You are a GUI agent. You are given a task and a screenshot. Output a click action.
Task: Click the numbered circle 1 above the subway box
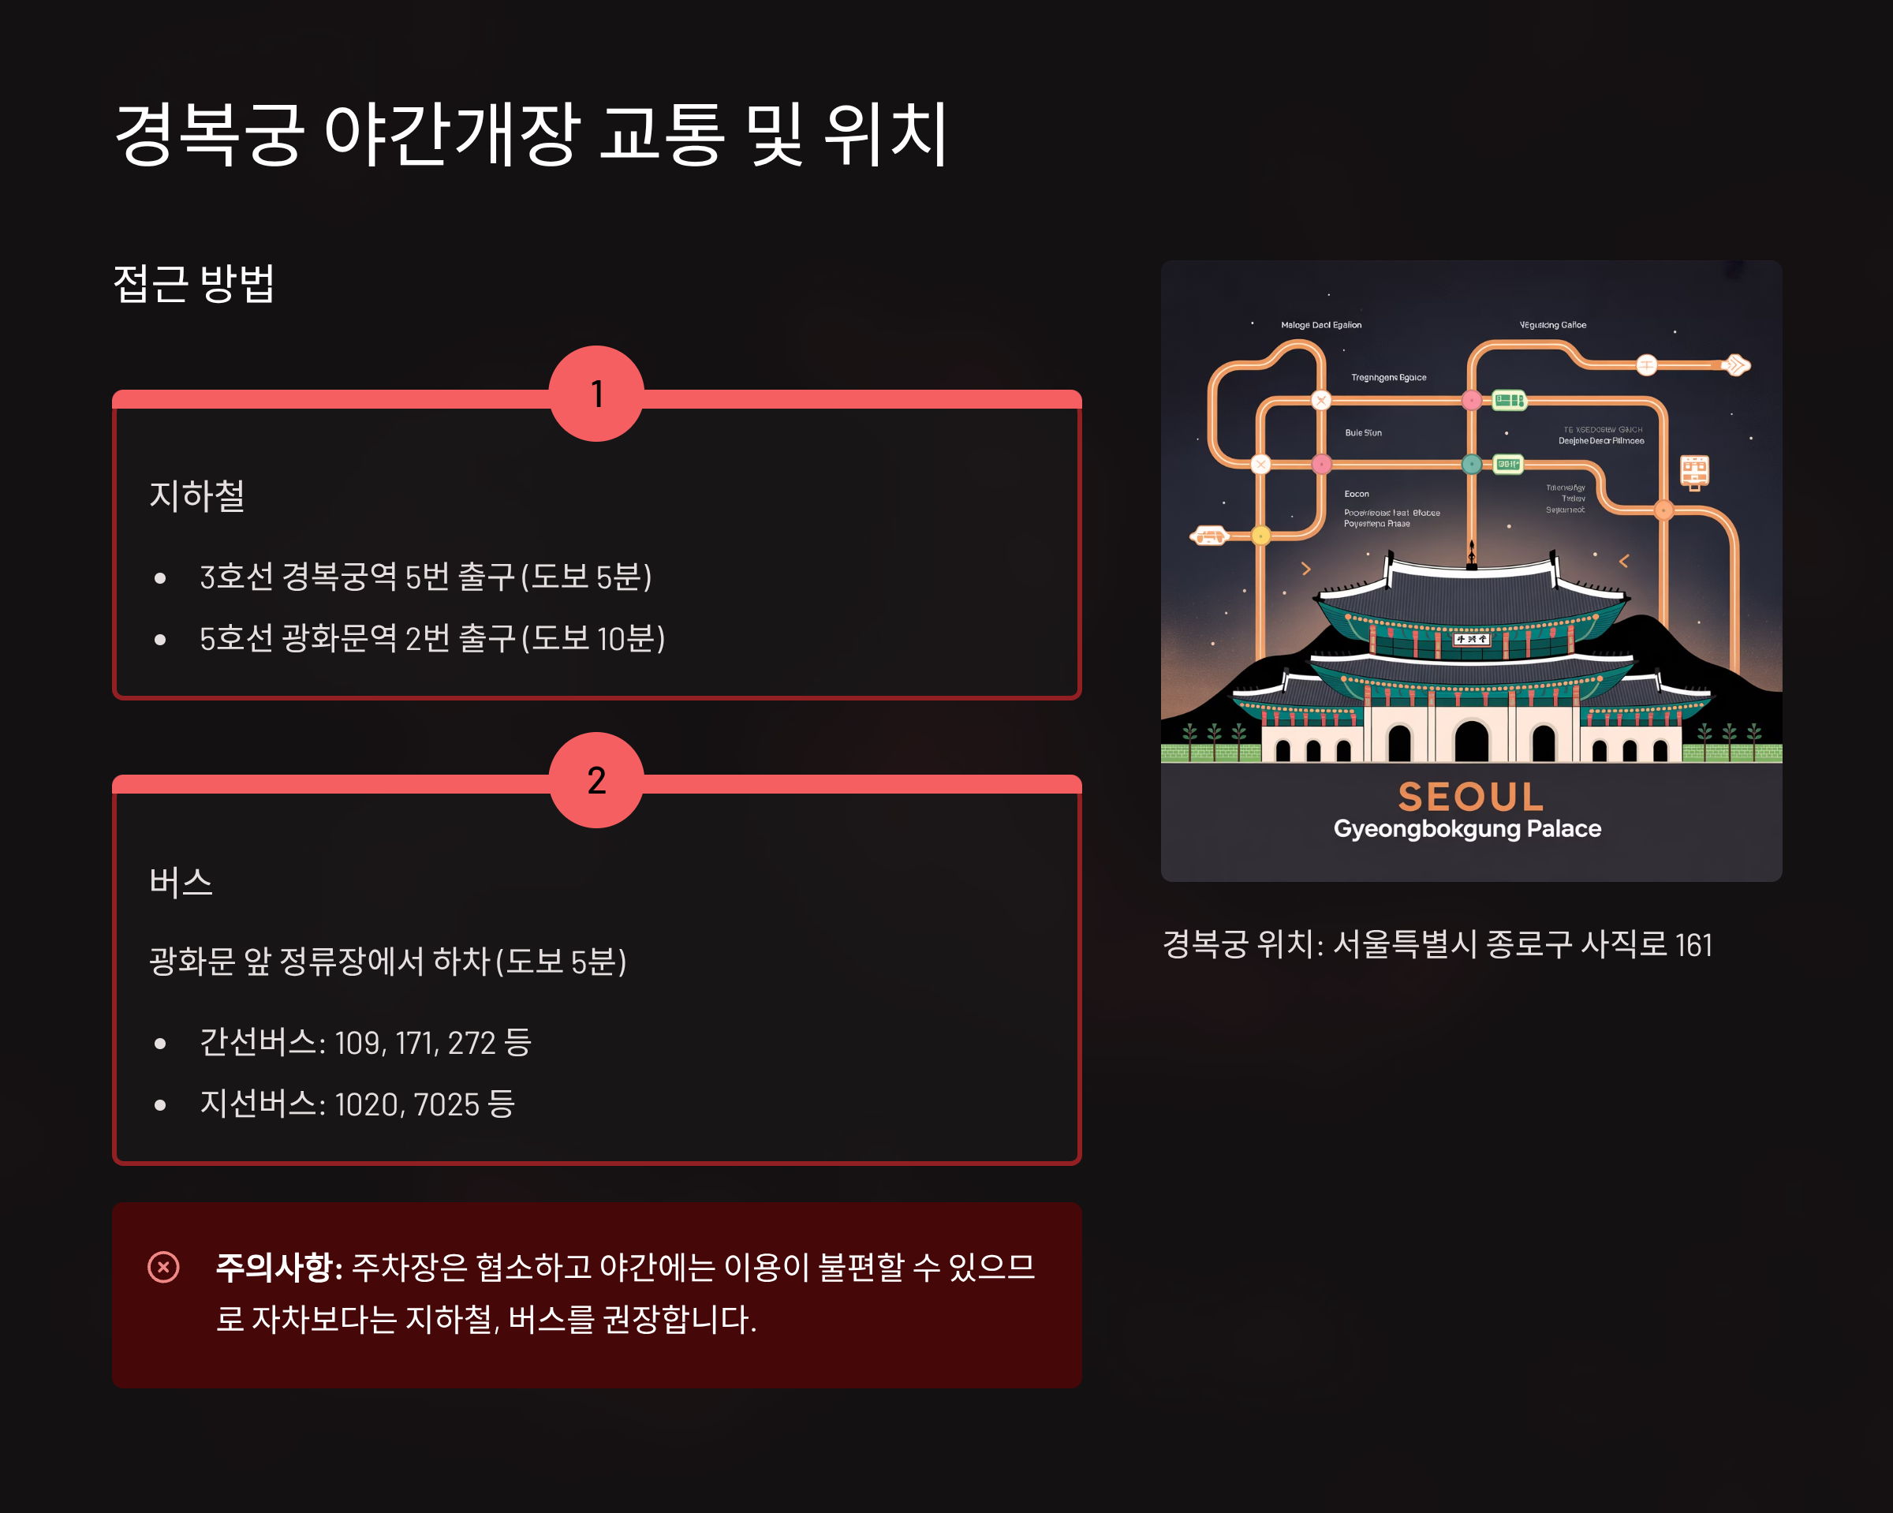pyautogui.click(x=596, y=394)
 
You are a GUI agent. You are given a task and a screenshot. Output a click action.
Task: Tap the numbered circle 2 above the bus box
pyautogui.click(x=596, y=779)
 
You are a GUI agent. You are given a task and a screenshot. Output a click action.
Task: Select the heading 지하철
pyautogui.click(x=196, y=495)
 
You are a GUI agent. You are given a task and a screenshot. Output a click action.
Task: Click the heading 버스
pyautogui.click(x=181, y=882)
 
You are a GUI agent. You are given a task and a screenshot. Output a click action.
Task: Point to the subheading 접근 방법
pyautogui.click(x=194, y=284)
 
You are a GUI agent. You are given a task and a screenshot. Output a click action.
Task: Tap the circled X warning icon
pyautogui.click(x=163, y=1266)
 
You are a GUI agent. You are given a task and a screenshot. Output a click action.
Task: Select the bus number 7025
pyautogui.click(x=446, y=1104)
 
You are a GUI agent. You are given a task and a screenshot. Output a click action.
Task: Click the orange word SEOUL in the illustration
pyautogui.click(x=1471, y=798)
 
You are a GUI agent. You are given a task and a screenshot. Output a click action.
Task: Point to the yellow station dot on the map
pyautogui.click(x=1261, y=535)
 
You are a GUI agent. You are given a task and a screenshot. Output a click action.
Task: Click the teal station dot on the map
pyautogui.click(x=1472, y=465)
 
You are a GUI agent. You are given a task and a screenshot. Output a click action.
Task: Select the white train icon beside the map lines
pyautogui.click(x=1693, y=472)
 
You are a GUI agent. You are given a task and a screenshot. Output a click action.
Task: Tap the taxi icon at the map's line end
pyautogui.click(x=1210, y=535)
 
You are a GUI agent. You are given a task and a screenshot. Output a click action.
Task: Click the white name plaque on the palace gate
pyautogui.click(x=1471, y=639)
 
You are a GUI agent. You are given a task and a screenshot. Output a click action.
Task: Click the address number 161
pyautogui.click(x=1693, y=945)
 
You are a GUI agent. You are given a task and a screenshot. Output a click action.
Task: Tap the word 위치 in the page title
pyautogui.click(x=887, y=134)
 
